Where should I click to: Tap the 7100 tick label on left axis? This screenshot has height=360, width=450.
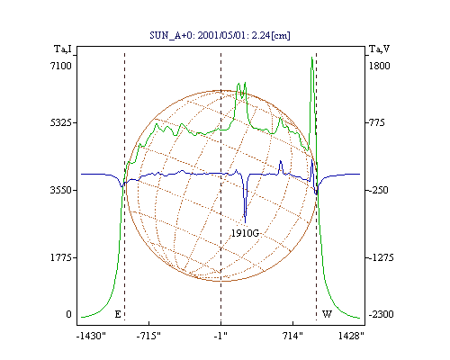[61, 66]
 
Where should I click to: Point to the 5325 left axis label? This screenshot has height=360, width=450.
[61, 122]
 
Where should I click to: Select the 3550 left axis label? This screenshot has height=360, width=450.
[61, 190]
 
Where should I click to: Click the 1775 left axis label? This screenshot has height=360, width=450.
[61, 257]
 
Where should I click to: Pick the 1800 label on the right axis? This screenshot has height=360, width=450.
[379, 66]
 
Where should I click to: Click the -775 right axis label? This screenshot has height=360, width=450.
[375, 122]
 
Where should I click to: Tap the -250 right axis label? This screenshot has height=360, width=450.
[377, 190]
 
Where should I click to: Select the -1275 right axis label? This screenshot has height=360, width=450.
[380, 257]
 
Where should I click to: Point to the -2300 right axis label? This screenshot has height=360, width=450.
[381, 314]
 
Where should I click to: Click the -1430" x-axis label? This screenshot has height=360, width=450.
[91, 336]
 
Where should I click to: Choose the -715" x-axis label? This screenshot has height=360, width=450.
[148, 336]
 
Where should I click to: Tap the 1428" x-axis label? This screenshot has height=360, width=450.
[351, 336]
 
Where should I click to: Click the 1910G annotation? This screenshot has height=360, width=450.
[245, 233]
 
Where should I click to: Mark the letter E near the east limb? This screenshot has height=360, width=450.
[118, 314]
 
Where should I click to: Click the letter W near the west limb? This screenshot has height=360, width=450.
[327, 314]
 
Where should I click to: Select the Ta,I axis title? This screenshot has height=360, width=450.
[63, 49]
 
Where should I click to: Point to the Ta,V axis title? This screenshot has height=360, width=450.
[379, 49]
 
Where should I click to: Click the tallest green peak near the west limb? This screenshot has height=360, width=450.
[312, 58]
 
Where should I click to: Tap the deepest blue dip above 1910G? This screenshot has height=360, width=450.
[246, 222]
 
